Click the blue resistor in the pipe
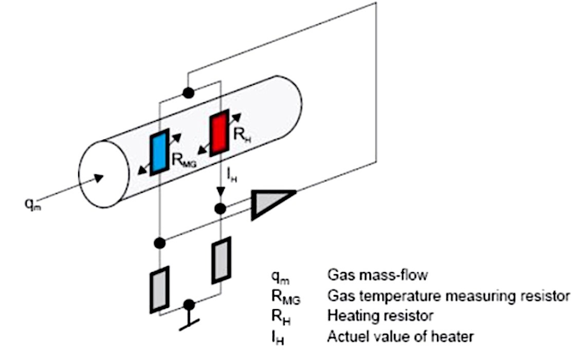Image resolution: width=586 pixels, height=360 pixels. tap(159, 152)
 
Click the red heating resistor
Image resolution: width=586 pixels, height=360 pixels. tap(219, 133)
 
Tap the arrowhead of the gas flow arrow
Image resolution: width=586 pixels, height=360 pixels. tap(99, 178)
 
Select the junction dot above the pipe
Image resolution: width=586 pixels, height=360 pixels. tap(188, 93)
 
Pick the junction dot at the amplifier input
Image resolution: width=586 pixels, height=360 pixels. tap(221, 208)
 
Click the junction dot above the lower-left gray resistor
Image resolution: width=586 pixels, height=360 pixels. tap(159, 243)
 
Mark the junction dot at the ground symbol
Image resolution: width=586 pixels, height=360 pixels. tap(189, 304)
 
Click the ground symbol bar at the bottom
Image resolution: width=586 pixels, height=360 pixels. tap(189, 325)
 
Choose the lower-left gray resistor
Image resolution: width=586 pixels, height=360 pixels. tap(159, 290)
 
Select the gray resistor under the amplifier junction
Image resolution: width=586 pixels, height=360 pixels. tap(221, 260)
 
